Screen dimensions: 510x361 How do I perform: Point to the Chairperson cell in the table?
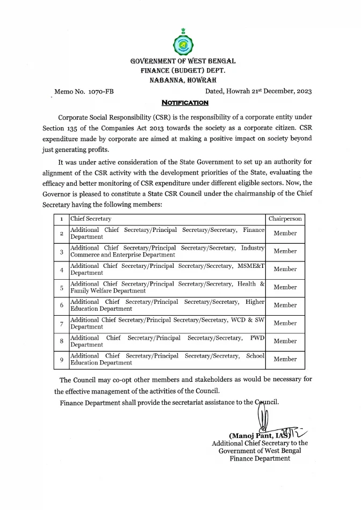pyautogui.click(x=285, y=219)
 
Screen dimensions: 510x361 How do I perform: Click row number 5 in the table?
pyautogui.click(x=62, y=287)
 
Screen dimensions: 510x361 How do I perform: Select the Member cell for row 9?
pyautogui.click(x=285, y=359)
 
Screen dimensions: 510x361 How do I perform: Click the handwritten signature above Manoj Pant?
pyautogui.click(x=264, y=419)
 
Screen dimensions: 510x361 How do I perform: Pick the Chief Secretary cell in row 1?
pyautogui.click(x=91, y=219)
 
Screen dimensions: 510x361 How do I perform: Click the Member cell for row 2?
pyautogui.click(x=285, y=234)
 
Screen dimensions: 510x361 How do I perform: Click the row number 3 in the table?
pyautogui.click(x=62, y=251)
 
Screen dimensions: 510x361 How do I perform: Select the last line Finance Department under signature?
pyautogui.click(x=260, y=458)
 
